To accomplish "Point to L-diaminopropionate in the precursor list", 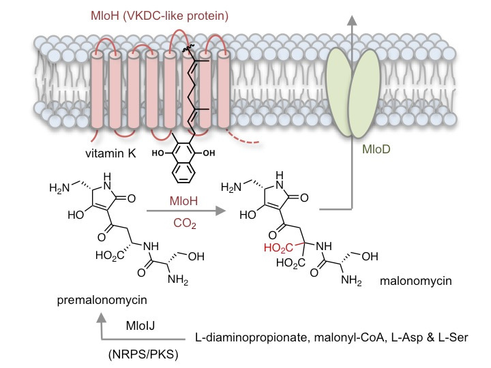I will point(243,338).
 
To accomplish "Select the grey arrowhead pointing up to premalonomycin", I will point(104,318).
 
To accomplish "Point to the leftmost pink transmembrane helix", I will point(100,89).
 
